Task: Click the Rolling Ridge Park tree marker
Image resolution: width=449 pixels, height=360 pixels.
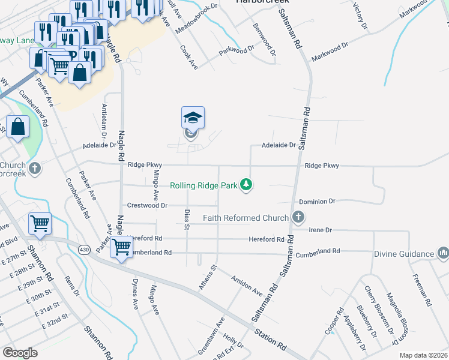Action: [x=246, y=185]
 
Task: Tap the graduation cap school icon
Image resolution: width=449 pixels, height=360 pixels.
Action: [x=193, y=117]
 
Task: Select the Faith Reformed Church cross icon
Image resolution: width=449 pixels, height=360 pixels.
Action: [x=297, y=217]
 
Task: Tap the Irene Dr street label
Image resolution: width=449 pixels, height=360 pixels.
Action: [x=319, y=230]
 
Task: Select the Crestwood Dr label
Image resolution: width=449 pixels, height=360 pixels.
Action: [x=146, y=205]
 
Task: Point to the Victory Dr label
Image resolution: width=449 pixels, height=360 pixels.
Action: [x=360, y=17]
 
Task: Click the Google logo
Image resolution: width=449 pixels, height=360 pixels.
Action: [x=20, y=352]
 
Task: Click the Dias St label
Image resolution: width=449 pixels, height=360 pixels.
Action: [x=186, y=219]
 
